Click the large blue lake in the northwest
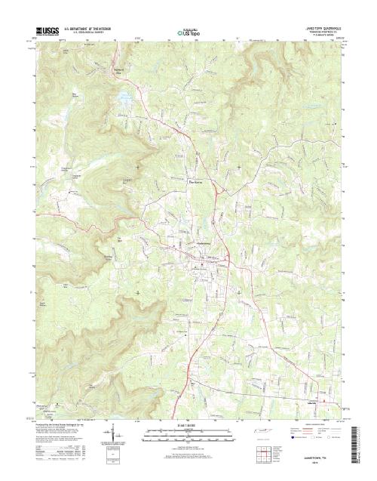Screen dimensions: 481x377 pos(121,97)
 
